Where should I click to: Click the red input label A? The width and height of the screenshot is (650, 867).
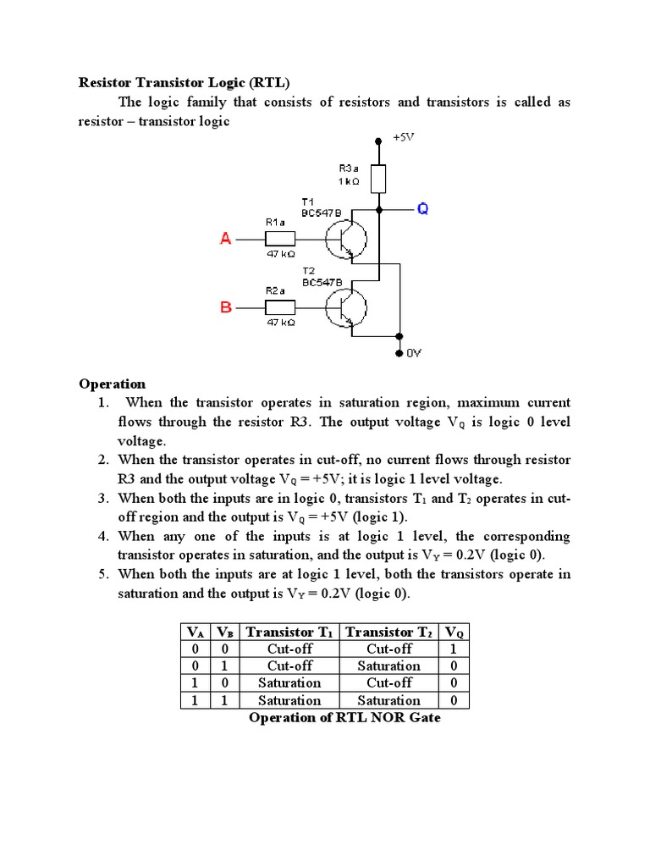[x=226, y=240]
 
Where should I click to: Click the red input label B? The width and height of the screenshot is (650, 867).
[x=226, y=307]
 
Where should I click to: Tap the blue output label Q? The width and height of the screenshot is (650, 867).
[x=422, y=208]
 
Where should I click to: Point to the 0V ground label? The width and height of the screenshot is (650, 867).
[x=413, y=354]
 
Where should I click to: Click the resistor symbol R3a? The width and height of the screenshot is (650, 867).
[x=379, y=179]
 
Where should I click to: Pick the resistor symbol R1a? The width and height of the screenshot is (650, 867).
[x=280, y=240]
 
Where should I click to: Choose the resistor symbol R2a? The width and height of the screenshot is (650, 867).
[x=280, y=307]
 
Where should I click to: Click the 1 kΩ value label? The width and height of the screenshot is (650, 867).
[x=349, y=181]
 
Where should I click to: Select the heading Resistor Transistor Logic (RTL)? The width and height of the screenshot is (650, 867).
[x=184, y=83]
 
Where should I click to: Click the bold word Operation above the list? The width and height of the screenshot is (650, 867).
[x=113, y=384]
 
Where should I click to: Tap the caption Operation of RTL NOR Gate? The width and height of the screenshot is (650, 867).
[x=344, y=718]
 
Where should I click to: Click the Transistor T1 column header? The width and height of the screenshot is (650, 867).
[x=289, y=632]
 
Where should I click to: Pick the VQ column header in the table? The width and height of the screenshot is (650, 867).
[x=454, y=632]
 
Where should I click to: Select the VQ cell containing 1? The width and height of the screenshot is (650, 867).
[x=454, y=649]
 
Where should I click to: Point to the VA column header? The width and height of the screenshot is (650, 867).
[x=195, y=632]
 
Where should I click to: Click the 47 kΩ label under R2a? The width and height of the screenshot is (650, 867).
[x=280, y=323]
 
